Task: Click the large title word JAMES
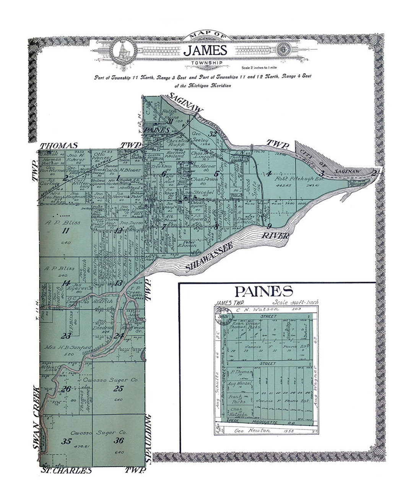click(205, 50)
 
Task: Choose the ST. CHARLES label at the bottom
click(67, 471)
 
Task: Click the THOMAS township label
click(59, 146)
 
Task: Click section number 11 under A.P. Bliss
click(65, 230)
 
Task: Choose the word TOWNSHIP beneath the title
click(205, 61)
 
